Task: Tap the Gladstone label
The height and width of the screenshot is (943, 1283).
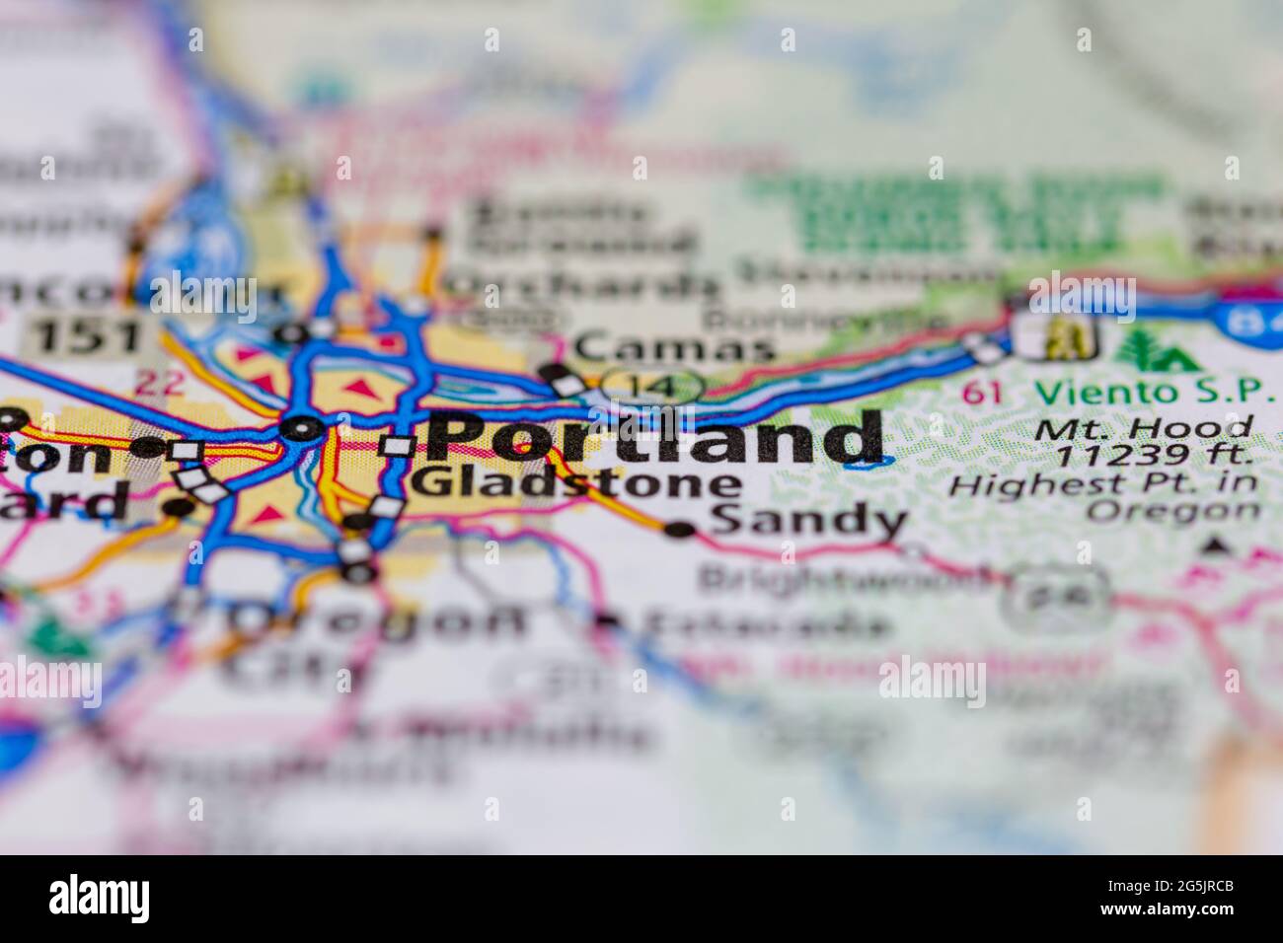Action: coord(575,483)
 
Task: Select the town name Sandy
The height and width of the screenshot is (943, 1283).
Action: coord(807,521)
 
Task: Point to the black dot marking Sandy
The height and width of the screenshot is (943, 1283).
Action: coord(680,530)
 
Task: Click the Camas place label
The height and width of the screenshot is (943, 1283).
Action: coord(674,347)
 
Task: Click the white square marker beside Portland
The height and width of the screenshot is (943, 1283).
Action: coord(397,446)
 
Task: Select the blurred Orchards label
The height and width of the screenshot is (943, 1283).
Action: coord(582,285)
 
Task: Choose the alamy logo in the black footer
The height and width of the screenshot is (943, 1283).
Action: coord(100,899)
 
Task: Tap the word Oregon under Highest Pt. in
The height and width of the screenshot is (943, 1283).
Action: coord(1173,511)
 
